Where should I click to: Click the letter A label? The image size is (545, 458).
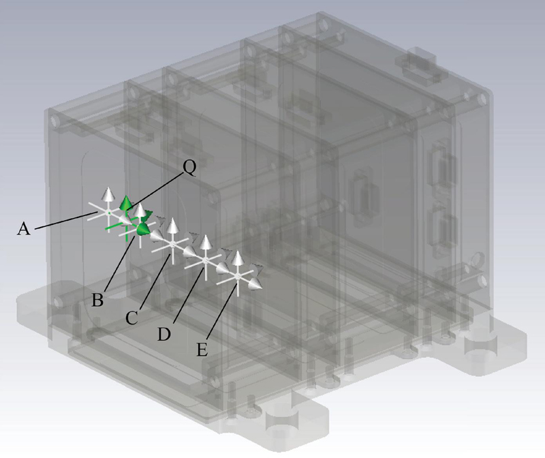coord(24,230)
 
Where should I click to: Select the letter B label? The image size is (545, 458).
coord(97,300)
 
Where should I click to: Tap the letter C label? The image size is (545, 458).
coord(131,318)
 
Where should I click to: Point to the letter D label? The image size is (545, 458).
coord(164,334)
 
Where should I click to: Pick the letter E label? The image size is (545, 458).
coord(202,350)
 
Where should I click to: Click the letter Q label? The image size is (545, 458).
coord(189,168)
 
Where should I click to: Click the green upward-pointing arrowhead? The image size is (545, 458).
coord(126,202)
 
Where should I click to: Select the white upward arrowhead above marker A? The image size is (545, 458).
coord(109,194)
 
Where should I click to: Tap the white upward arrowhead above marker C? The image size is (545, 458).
coord(172,226)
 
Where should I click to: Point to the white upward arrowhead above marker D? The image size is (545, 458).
coord(206,243)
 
